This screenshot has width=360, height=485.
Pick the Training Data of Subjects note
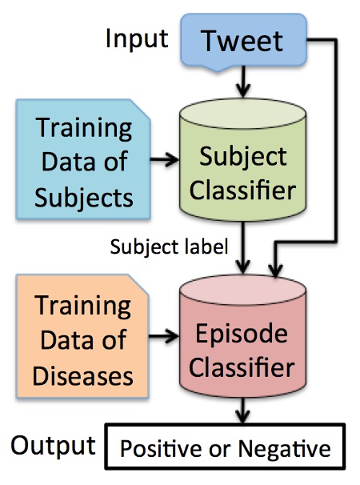point(82,162)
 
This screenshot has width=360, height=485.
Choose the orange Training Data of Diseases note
point(82,339)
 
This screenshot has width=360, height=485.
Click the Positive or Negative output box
point(225,448)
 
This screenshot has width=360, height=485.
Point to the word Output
point(53,445)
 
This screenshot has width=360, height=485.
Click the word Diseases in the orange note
point(82,374)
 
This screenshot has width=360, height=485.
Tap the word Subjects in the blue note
point(82,196)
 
